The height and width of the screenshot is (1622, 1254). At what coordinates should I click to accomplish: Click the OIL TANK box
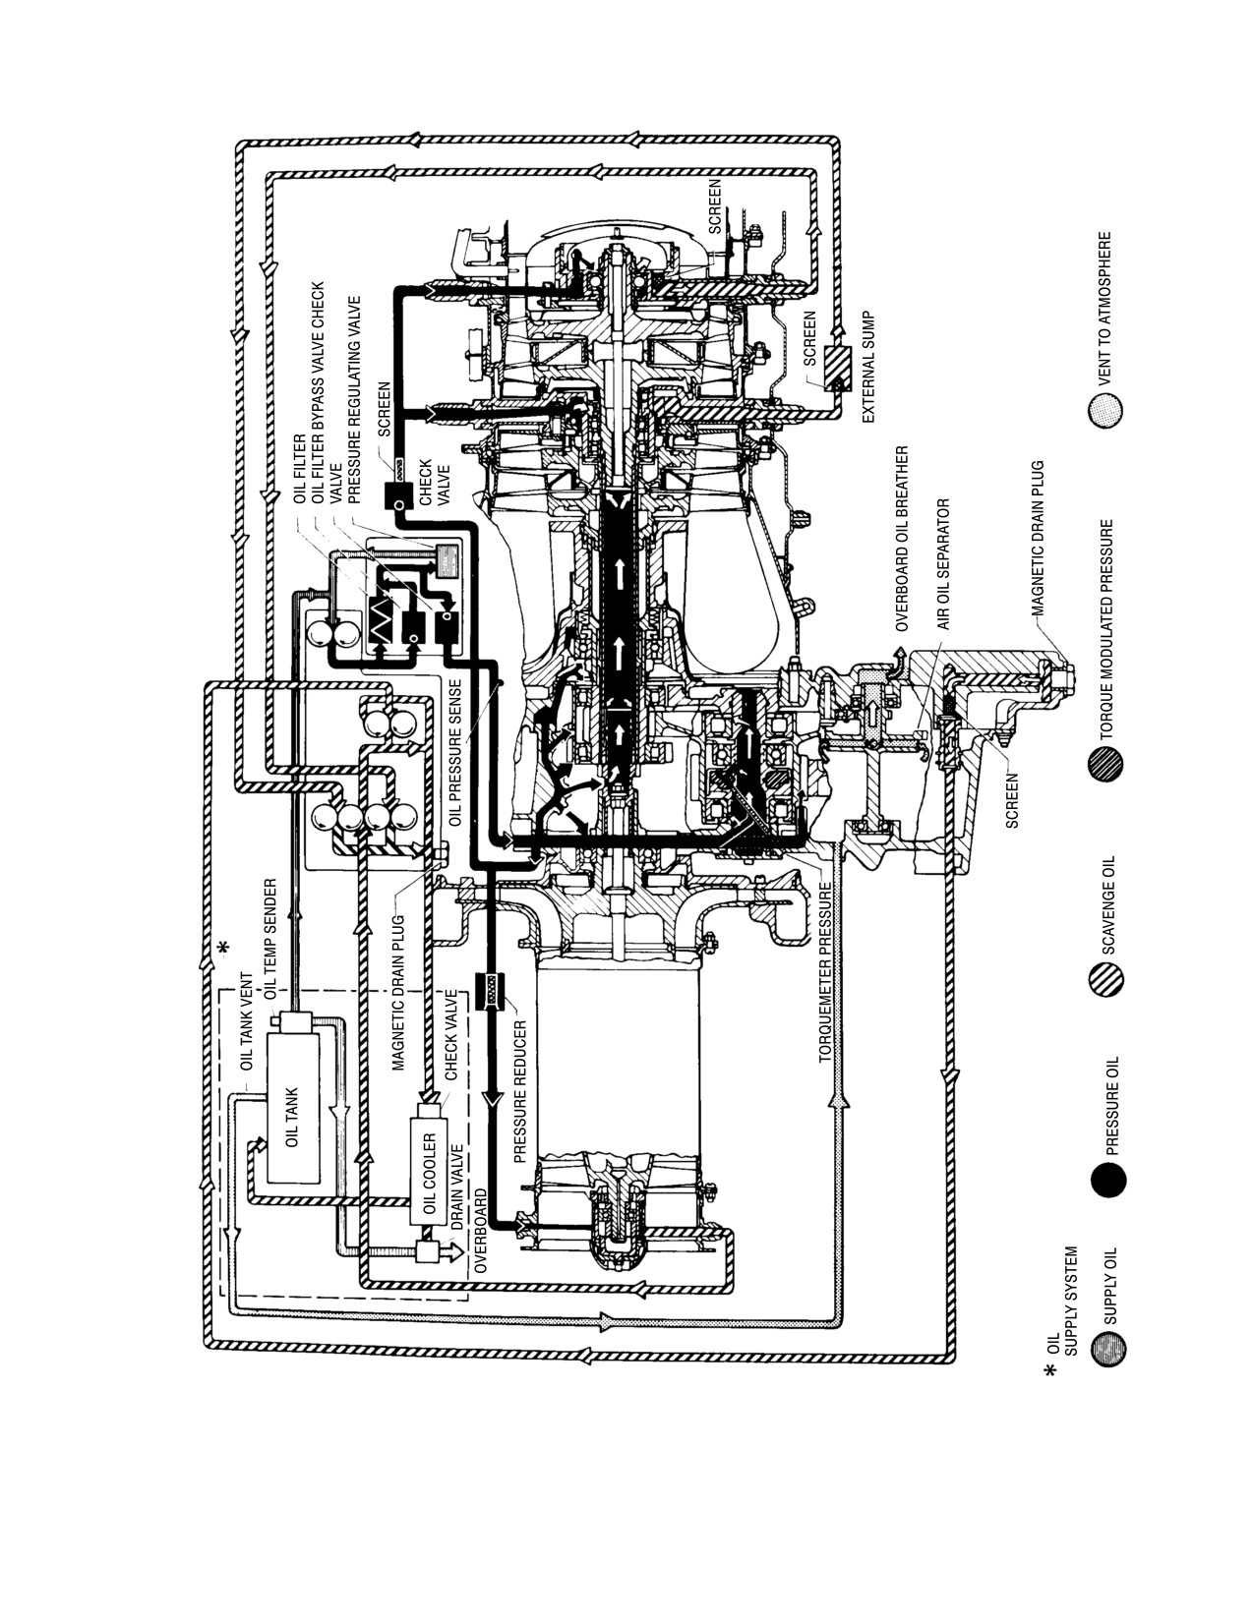coord(292,1118)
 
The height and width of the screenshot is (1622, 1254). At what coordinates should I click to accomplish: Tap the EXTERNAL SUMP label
coord(867,368)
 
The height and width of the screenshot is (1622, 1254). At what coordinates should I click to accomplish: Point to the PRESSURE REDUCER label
coord(520,1091)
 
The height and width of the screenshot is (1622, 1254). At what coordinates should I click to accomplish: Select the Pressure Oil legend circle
coord(1108,1179)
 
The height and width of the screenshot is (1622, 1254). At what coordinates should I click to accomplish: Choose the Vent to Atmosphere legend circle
coord(1105,409)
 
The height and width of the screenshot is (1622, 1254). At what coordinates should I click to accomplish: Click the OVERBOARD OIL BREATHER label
coord(902,538)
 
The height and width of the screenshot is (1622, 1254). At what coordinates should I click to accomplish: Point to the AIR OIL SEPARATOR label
coord(943,563)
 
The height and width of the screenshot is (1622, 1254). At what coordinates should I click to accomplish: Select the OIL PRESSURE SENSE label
coord(454,752)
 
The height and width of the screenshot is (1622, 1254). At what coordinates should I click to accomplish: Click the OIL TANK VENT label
coord(247,1021)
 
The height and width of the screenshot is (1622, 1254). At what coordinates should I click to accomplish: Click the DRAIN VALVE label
coord(458,1187)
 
